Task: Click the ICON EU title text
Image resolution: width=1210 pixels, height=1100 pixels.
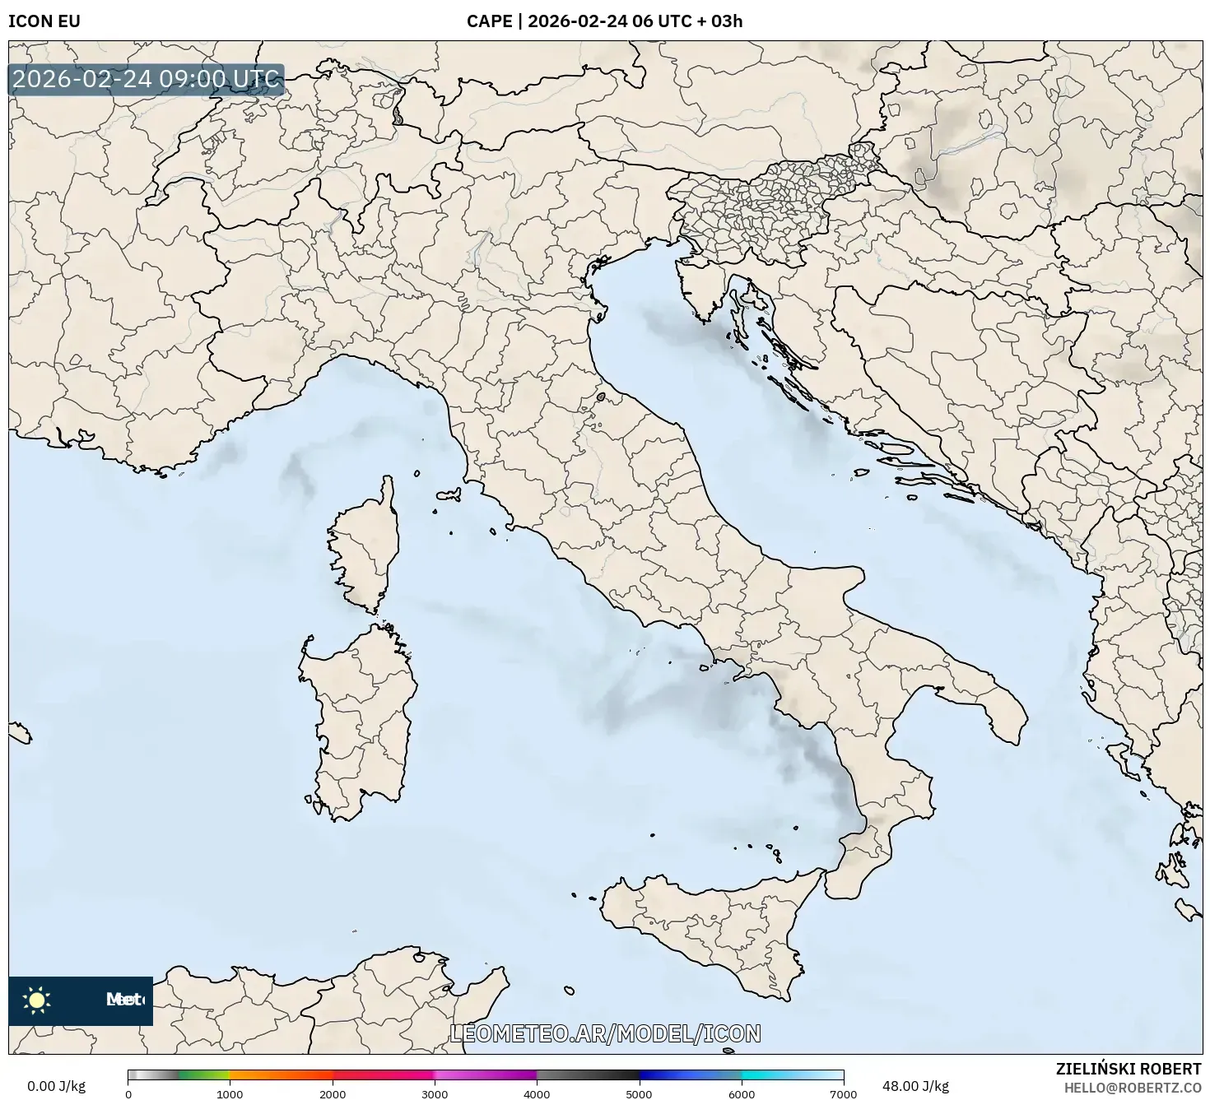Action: [44, 21]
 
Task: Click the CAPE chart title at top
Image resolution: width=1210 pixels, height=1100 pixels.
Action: [604, 21]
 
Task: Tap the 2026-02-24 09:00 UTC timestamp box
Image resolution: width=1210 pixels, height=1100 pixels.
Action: [147, 80]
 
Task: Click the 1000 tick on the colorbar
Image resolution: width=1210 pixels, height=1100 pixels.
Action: [230, 1093]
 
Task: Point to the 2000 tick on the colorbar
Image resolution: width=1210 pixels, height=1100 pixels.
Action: [333, 1093]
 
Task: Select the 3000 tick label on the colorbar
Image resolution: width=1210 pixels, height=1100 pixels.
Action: [435, 1093]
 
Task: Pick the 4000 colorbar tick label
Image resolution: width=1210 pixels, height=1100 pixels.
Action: [537, 1093]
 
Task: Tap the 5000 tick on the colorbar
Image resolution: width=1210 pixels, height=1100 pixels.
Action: [640, 1093]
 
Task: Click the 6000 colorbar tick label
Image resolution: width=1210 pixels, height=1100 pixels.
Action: [742, 1093]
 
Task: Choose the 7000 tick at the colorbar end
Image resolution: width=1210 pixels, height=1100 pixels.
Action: [843, 1093]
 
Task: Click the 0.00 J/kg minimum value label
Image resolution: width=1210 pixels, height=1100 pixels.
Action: [56, 1086]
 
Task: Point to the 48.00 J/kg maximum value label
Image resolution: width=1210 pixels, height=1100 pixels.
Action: [914, 1086]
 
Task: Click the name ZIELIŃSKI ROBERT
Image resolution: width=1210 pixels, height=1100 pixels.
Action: [1129, 1069]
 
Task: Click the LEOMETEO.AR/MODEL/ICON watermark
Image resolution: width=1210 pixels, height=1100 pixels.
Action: [605, 1033]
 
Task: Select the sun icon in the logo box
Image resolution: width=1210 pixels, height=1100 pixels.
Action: [36, 1000]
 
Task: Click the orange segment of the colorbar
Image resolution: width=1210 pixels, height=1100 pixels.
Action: [280, 1074]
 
